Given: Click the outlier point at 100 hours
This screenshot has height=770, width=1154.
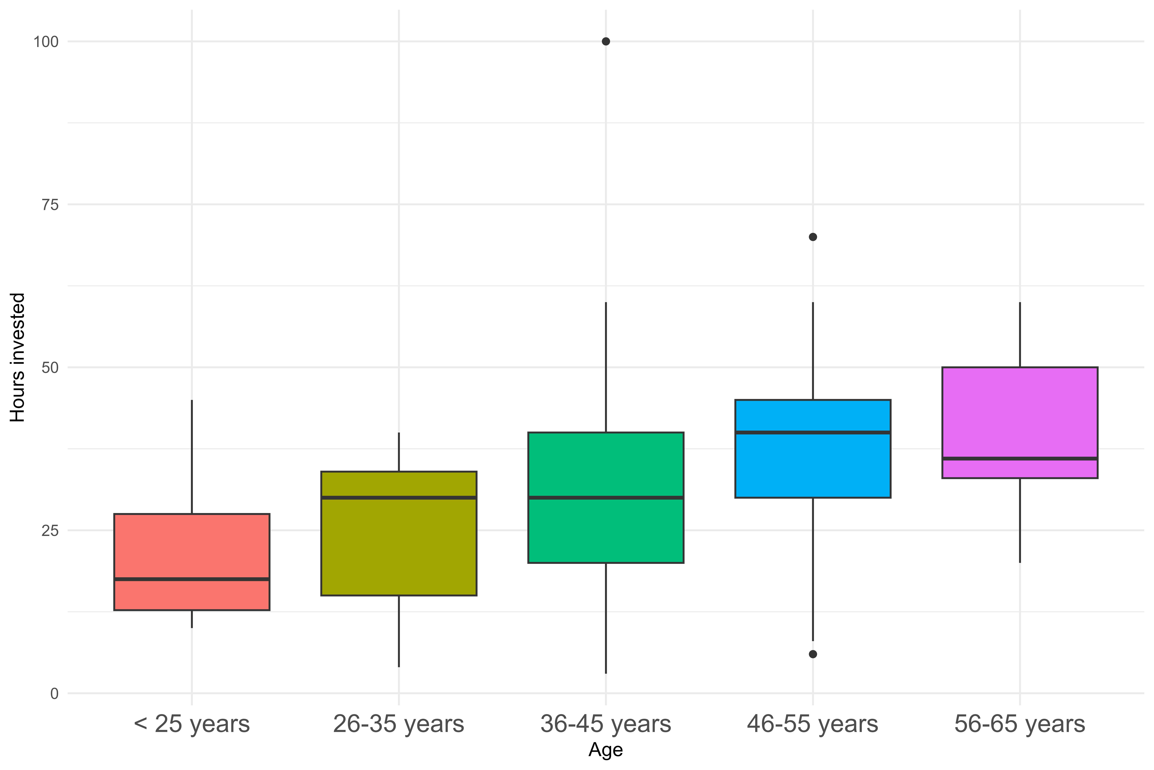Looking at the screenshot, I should pos(606,41).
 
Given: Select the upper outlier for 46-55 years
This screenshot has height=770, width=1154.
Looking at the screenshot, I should pos(813,237).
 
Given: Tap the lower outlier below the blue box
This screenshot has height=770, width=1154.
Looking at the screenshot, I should pos(813,654).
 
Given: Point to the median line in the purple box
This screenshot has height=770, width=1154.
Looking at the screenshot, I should pos(1020,459).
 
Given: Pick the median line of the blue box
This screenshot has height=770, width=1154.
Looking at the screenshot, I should pos(813,433).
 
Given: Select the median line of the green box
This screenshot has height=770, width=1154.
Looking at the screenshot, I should pos(606,497).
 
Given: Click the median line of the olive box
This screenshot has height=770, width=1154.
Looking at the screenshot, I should pos(399,497).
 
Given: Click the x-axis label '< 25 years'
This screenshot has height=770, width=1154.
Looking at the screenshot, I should pos(192,724).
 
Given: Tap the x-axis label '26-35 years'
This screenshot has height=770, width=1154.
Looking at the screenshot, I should pos(399,724).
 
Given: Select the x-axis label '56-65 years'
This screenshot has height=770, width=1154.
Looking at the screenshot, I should pos(1020,724).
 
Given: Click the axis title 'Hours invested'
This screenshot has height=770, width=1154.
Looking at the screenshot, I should pos(18,358).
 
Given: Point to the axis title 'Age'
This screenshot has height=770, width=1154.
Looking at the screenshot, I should pos(606,750).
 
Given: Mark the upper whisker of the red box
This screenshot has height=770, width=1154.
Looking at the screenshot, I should pos(192,457).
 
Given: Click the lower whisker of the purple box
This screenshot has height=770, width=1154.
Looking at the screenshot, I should pos(1020,521).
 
